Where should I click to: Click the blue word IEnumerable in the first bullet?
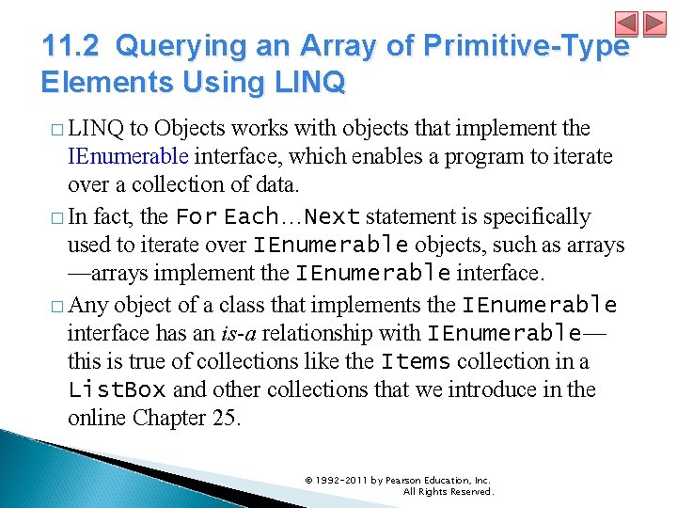128,156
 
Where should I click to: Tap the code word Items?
417,361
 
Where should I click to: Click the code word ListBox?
117,389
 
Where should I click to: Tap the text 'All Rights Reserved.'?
447,491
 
